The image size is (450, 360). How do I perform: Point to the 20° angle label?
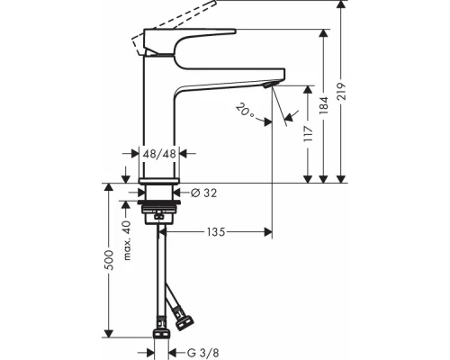coord(245,112)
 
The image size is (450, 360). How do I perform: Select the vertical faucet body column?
coord(160,117)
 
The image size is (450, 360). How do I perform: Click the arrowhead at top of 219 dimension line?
coord(341,6)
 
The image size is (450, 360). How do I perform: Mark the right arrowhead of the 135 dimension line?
coord(266,233)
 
